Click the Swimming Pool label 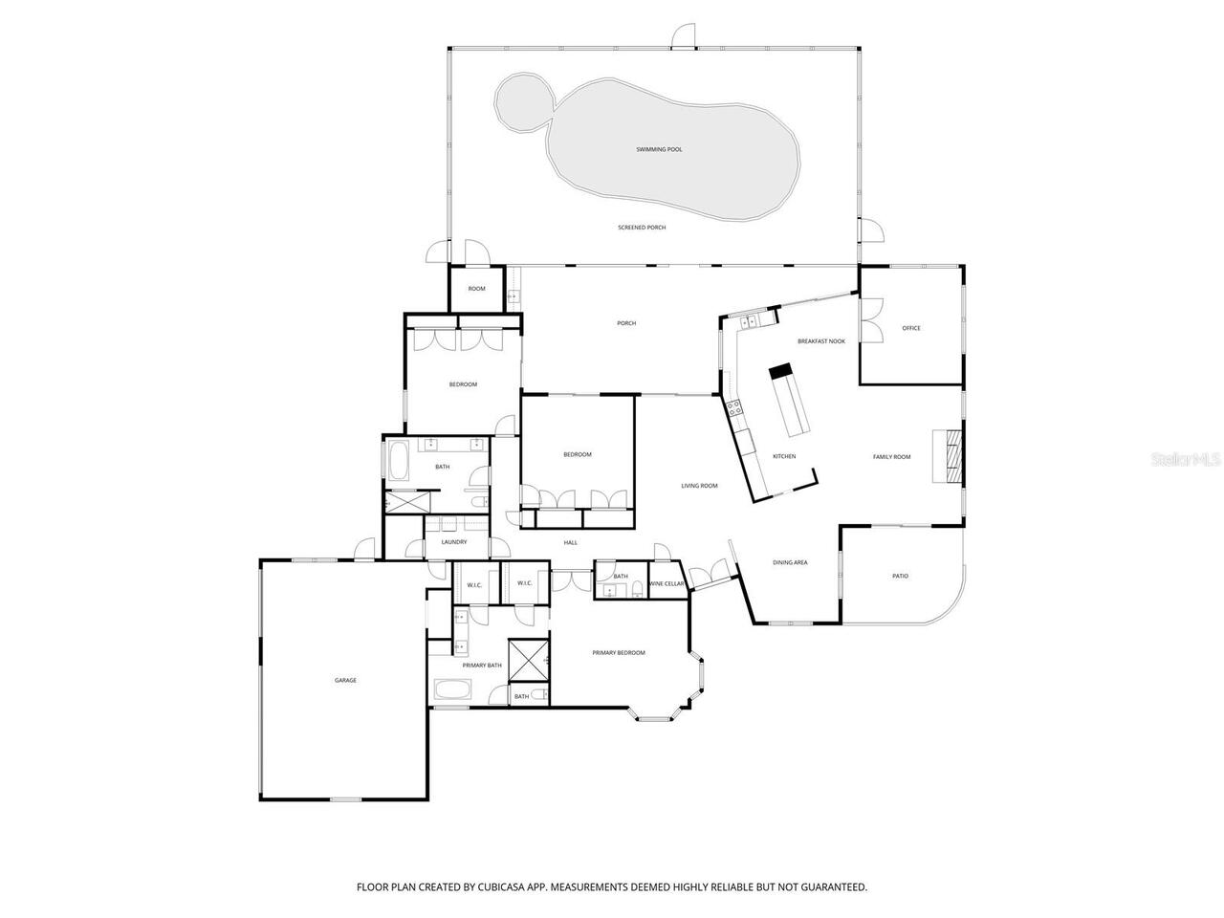(x=659, y=150)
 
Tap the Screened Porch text (x=642, y=228)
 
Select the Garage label (x=345, y=681)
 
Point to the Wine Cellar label (x=667, y=583)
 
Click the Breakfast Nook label (x=821, y=341)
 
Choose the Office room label (x=911, y=329)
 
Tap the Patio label (x=900, y=577)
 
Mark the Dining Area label (x=790, y=563)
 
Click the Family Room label (x=891, y=457)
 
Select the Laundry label (x=453, y=542)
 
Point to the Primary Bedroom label (x=619, y=653)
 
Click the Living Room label (x=699, y=486)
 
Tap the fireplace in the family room (x=952, y=457)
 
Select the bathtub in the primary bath (x=451, y=688)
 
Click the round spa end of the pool (x=523, y=100)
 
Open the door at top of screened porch (x=683, y=36)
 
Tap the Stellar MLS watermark (x=1186, y=460)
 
